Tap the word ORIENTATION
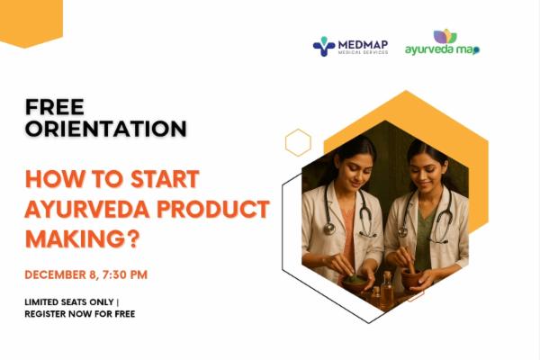pos(106,129)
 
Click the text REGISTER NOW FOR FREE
pos(80,314)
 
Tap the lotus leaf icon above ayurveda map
pos(445,36)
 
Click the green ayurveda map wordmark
pos(441,49)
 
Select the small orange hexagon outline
pos(298,142)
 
